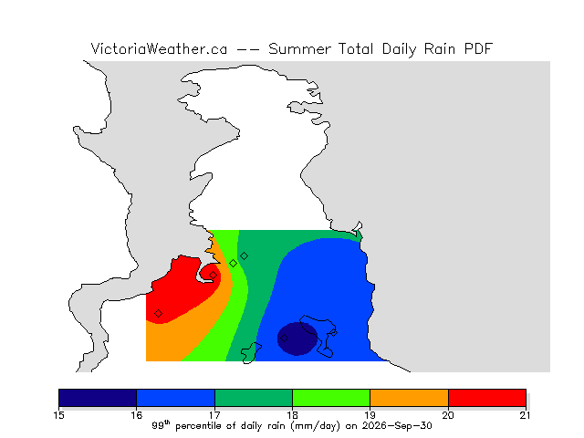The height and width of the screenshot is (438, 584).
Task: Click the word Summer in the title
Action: (x=299, y=48)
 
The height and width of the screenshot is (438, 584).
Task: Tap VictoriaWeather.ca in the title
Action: (x=159, y=48)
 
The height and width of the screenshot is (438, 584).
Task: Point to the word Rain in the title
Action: (x=440, y=48)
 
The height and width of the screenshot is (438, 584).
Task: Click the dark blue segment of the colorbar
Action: (x=98, y=398)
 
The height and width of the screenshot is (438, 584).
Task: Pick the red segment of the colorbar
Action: (x=487, y=398)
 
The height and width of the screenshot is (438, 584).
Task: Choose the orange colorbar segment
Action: (x=409, y=398)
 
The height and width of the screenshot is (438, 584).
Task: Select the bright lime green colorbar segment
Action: (x=331, y=398)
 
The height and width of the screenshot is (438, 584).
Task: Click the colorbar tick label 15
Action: (x=58, y=415)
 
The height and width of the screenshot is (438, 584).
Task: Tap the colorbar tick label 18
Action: (x=292, y=415)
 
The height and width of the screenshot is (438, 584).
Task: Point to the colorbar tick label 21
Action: (x=526, y=415)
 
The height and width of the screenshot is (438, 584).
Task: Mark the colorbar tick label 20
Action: (x=448, y=415)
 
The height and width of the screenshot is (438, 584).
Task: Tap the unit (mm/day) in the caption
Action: (x=315, y=426)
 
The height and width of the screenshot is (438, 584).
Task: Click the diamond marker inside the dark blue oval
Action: (x=284, y=339)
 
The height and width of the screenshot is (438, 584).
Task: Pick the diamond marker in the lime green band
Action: (x=234, y=264)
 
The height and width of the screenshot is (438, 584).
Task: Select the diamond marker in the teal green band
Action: (x=244, y=255)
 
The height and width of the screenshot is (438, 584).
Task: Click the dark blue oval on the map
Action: (x=297, y=339)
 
